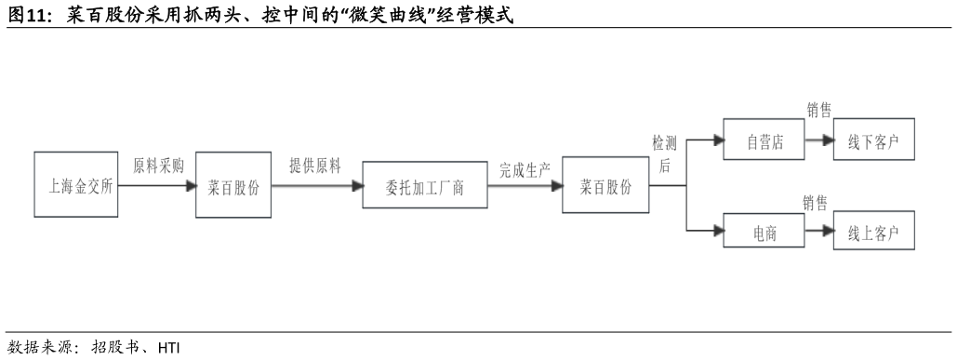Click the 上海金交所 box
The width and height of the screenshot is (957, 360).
click(x=76, y=185)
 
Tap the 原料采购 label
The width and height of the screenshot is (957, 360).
click(x=158, y=167)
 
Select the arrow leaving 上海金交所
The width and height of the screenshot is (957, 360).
click(x=157, y=185)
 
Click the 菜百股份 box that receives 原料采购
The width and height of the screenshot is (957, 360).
click(x=233, y=185)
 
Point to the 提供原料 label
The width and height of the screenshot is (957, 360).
click(x=315, y=167)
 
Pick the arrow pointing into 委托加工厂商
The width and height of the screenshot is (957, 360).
click(x=316, y=185)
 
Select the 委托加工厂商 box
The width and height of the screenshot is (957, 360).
click(x=425, y=186)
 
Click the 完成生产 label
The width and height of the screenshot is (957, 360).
click(x=525, y=169)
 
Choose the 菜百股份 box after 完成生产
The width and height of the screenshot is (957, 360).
click(x=605, y=185)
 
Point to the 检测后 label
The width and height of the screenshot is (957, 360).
click(x=665, y=154)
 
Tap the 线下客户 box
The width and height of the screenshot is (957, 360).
click(x=874, y=142)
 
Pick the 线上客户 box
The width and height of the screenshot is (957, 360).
click(x=874, y=231)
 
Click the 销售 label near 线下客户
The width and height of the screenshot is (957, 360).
click(x=818, y=111)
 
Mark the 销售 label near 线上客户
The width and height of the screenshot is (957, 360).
click(x=816, y=204)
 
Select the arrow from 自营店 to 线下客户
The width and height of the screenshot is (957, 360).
click(x=817, y=142)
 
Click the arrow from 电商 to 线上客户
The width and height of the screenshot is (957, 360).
click(x=817, y=231)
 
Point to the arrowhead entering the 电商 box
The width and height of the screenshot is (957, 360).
click(x=717, y=231)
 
